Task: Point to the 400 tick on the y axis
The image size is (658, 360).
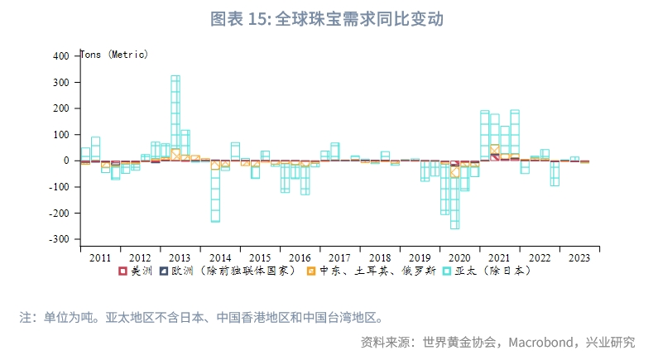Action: (61, 56)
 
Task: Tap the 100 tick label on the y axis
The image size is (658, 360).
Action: (61, 135)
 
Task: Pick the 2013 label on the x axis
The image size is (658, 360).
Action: (180, 258)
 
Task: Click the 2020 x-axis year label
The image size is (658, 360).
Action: (460, 258)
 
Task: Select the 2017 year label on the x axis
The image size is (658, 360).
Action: (340, 258)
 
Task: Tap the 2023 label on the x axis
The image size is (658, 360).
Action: (579, 258)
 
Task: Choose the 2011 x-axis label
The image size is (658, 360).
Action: (99, 258)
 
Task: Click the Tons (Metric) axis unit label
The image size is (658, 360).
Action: (113, 55)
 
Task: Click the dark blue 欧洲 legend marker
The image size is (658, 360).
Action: (164, 271)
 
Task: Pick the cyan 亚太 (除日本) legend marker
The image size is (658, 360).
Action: (446, 271)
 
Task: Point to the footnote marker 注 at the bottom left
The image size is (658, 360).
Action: (25, 317)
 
